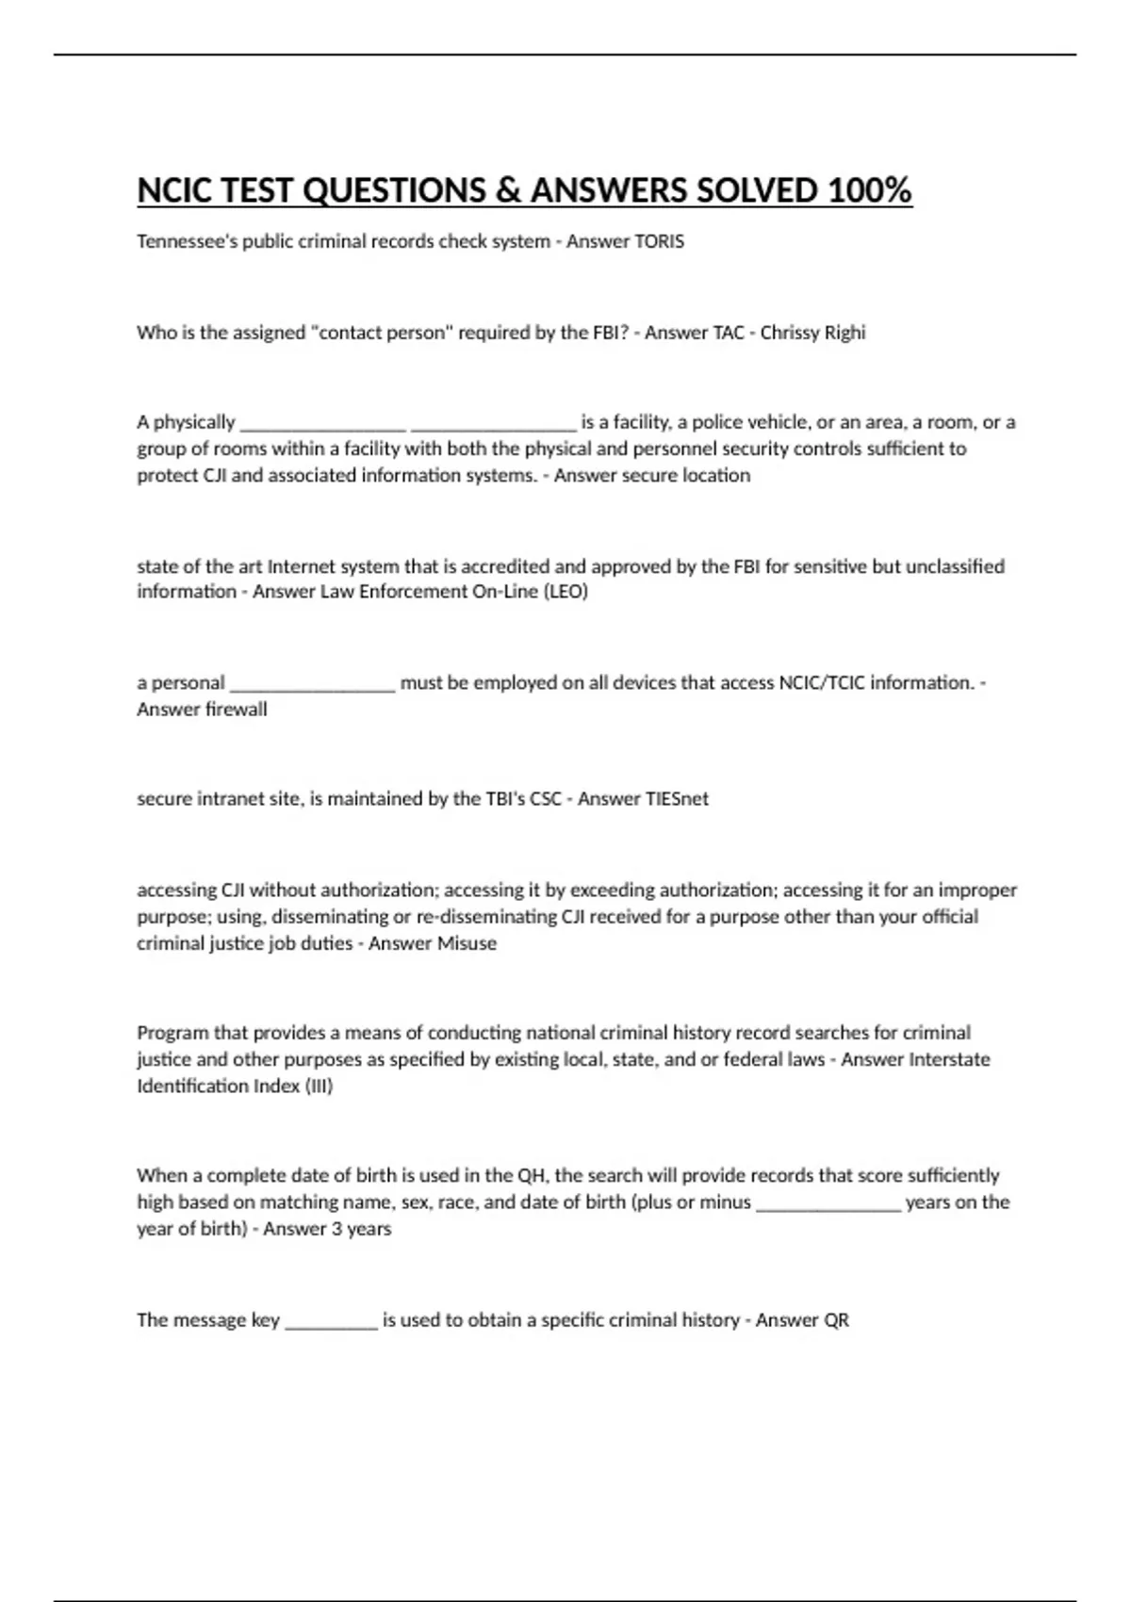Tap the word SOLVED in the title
pos(756,190)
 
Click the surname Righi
pos(847,333)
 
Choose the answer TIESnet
pos(677,799)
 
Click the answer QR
pos(837,1320)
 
